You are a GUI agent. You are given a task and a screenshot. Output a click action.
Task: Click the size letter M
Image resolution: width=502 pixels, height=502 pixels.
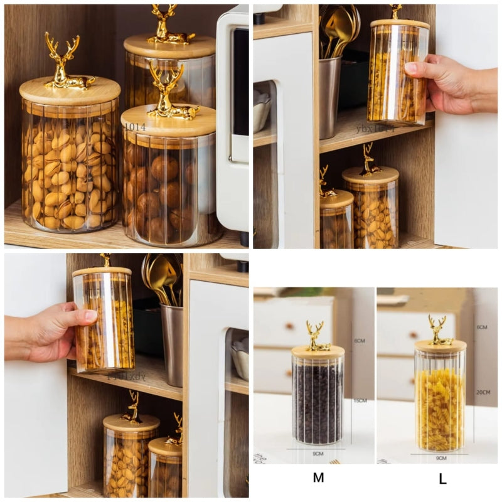pyautogui.click(x=318, y=478)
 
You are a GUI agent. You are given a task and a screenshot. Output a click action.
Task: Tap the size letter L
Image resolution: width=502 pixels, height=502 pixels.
pyautogui.click(x=442, y=479)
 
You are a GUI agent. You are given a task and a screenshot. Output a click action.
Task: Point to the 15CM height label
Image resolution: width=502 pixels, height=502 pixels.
pyautogui.click(x=361, y=400)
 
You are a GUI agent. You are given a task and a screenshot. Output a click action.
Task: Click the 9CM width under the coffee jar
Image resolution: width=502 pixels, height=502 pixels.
pyautogui.click(x=318, y=454)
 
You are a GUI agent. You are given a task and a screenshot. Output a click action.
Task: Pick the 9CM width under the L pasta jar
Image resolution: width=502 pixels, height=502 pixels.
pyautogui.click(x=441, y=459)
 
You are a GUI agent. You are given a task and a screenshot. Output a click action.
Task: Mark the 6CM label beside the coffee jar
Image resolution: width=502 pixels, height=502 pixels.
pyautogui.click(x=360, y=341)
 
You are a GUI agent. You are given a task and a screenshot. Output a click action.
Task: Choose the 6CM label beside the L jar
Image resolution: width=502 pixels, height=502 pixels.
pyautogui.click(x=482, y=328)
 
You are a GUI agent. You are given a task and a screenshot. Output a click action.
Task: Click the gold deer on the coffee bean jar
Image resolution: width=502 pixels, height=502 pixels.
pyautogui.click(x=317, y=336)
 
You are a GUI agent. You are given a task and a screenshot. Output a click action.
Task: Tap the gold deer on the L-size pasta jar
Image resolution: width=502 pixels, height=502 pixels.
pyautogui.click(x=440, y=330)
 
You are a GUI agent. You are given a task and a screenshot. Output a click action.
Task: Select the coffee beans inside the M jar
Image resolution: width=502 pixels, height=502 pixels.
pyautogui.click(x=318, y=402)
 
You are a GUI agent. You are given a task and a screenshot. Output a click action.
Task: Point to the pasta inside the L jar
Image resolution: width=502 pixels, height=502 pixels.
pyautogui.click(x=440, y=408)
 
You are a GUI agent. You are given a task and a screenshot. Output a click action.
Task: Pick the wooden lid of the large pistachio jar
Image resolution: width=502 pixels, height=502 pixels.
pyautogui.click(x=69, y=92)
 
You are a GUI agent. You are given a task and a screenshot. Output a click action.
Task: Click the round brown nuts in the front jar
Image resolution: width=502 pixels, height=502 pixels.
pyautogui.click(x=160, y=188)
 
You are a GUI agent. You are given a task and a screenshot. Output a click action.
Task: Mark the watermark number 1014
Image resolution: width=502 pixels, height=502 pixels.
pyautogui.click(x=134, y=127)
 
